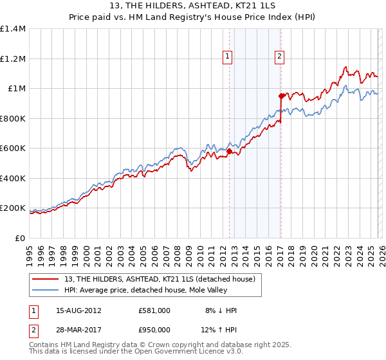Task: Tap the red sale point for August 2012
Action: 229,152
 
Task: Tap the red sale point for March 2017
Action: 282,96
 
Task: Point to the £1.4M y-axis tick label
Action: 13,29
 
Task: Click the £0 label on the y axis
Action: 21,238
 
